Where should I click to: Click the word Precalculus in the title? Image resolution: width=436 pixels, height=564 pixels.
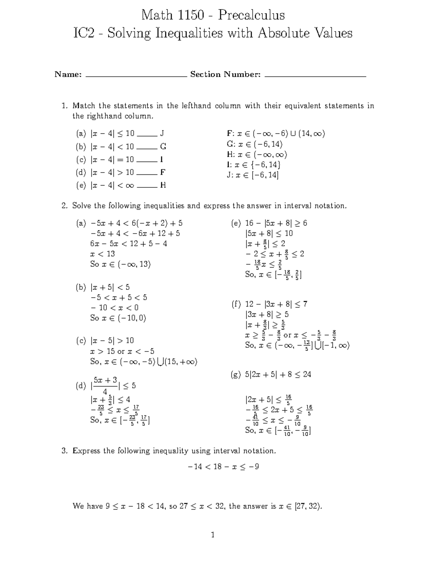click(x=251, y=15)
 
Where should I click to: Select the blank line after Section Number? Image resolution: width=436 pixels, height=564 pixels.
click(x=315, y=76)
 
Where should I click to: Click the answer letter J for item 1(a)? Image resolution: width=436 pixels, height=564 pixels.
click(x=162, y=134)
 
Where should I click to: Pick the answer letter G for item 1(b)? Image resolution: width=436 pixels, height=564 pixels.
click(x=163, y=147)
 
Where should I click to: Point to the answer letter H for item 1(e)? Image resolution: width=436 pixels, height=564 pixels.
click(x=163, y=186)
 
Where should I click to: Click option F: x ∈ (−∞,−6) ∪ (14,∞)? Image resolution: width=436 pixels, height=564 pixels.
click(x=275, y=134)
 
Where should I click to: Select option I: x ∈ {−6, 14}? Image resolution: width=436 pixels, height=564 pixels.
click(x=253, y=165)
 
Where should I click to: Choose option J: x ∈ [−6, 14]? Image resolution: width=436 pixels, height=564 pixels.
click(x=253, y=175)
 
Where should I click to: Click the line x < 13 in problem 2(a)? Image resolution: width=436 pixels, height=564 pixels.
click(x=102, y=254)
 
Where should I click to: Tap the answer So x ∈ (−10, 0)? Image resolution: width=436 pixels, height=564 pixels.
click(x=118, y=318)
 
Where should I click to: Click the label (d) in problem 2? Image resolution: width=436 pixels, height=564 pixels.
click(x=81, y=386)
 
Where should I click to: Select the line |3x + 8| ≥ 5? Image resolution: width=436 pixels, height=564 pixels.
click(x=267, y=315)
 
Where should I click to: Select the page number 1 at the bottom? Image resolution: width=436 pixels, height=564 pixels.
click(x=213, y=535)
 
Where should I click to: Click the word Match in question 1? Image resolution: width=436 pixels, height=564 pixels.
click(x=84, y=106)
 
